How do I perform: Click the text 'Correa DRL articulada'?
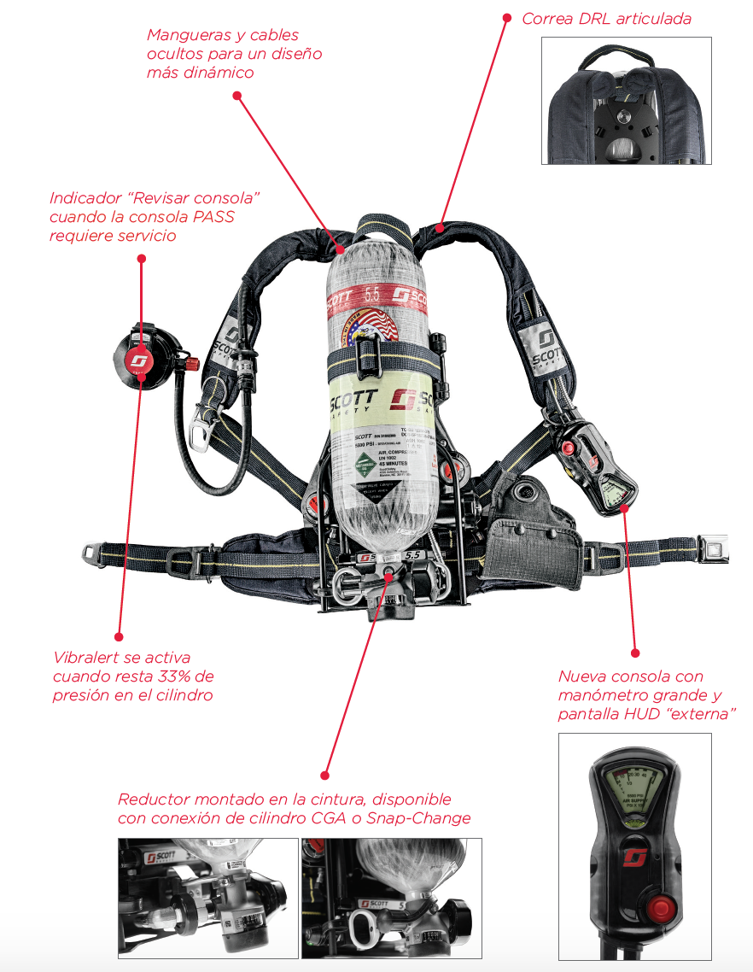pos(606,18)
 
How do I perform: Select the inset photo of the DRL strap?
pos(626,101)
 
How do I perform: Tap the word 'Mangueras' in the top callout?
pos(186,35)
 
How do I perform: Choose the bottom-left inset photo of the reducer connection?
pos(207,899)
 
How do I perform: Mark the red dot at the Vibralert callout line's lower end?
pos(119,637)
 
